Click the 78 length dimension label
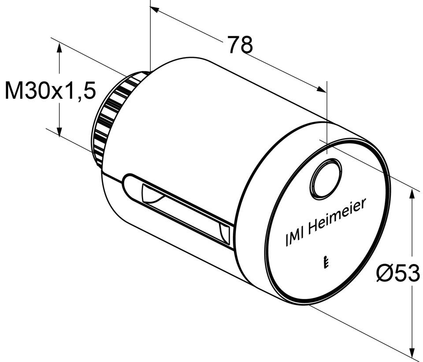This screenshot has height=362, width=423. point(240,44)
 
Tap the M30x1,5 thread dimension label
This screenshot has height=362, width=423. point(50,90)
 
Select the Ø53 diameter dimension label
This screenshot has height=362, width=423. point(398,273)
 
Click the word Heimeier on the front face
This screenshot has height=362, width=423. point(337,216)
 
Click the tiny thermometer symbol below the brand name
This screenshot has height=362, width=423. point(326,262)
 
